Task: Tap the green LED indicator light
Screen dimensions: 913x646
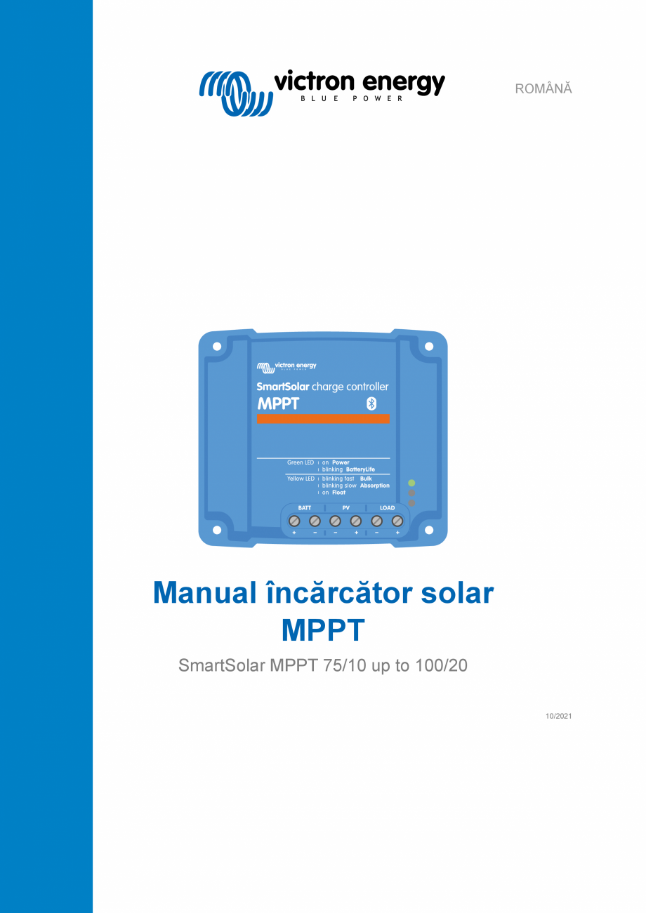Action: [411, 483]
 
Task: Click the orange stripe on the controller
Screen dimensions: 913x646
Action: [323, 419]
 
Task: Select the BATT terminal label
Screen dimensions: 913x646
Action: [305, 507]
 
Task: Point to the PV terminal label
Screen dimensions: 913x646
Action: [345, 507]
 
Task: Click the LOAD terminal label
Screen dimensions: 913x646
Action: [387, 507]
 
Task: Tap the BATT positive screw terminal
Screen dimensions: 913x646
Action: [295, 521]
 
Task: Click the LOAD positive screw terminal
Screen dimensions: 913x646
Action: [397, 521]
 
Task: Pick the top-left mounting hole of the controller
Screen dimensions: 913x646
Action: [217, 346]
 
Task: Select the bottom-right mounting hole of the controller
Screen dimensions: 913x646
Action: [429, 530]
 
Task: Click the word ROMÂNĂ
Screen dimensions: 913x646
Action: [543, 89]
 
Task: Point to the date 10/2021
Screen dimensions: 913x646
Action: [558, 716]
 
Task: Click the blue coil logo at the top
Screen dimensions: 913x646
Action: [235, 92]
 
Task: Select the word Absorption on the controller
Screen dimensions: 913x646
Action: [374, 486]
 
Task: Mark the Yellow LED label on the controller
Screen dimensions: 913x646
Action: [301, 479]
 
